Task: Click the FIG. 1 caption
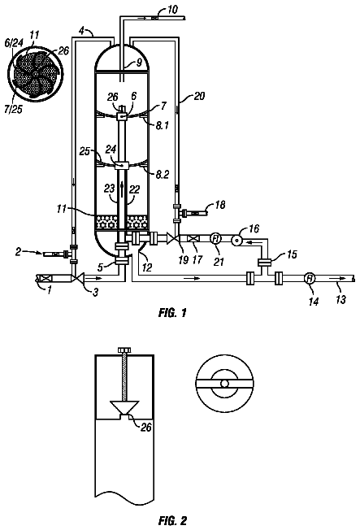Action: (x=172, y=313)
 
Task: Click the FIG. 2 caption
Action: (x=172, y=520)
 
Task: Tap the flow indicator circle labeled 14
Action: (x=310, y=278)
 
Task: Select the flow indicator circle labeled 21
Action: (x=215, y=239)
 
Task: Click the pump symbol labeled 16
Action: (x=236, y=240)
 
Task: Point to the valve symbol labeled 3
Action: (x=78, y=278)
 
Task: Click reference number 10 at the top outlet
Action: (x=172, y=10)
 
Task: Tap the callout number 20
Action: (x=199, y=97)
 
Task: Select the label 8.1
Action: (x=162, y=125)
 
